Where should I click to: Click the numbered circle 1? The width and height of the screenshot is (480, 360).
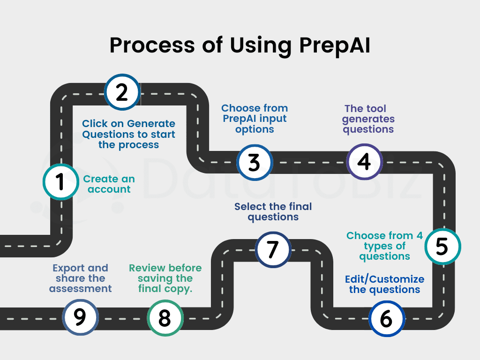pyautogui.click(x=60, y=182)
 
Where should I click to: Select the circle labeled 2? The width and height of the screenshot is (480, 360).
pyautogui.click(x=122, y=92)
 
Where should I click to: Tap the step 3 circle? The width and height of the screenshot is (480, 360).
pyautogui.click(x=254, y=162)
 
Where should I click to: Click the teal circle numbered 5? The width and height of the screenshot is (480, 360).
pyautogui.click(x=442, y=247)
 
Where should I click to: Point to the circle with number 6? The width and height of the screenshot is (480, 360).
pyautogui.click(x=386, y=319)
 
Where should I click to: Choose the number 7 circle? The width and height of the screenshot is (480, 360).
pyautogui.click(x=273, y=250)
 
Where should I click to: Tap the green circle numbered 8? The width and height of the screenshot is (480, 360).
pyautogui.click(x=165, y=318)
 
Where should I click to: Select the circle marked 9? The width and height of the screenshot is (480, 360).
pyautogui.click(x=80, y=317)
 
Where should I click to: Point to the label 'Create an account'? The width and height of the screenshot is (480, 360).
pyautogui.click(x=109, y=184)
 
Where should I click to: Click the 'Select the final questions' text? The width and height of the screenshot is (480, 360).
pyautogui.click(x=273, y=211)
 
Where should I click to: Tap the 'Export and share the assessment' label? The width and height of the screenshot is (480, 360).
pyautogui.click(x=81, y=278)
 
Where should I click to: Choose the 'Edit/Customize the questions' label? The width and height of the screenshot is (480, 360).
pyautogui.click(x=384, y=285)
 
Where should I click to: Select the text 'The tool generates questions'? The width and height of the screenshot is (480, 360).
pyautogui.click(x=368, y=119)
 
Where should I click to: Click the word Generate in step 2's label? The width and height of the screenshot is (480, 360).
pyautogui.click(x=151, y=124)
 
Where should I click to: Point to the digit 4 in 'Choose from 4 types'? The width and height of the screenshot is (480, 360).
pyautogui.click(x=420, y=235)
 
